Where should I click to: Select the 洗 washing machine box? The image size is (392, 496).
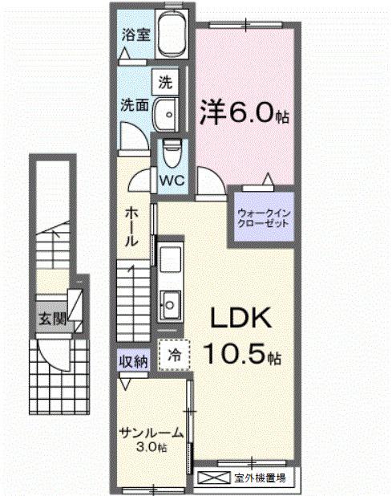point(165,81)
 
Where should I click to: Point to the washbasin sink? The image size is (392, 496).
point(168,113)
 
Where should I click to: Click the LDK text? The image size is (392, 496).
point(240,319)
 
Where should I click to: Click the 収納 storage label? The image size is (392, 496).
point(134,362)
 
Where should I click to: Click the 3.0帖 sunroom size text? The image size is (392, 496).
point(151,446)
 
